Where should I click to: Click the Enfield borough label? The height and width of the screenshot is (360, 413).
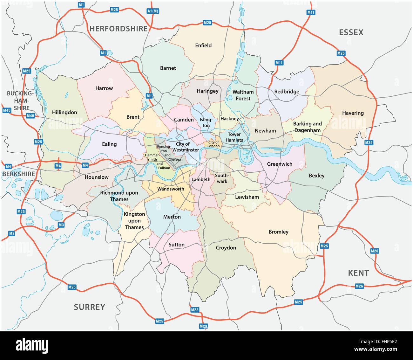pos(203,45)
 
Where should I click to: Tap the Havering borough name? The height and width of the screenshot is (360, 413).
pos(353,113)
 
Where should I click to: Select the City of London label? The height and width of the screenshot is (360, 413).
pos(214,144)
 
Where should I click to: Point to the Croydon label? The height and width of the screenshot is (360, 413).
pos(226,248)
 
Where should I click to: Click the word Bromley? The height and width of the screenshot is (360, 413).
pos(279,232)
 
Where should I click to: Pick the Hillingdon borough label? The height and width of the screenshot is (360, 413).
pos(64,112)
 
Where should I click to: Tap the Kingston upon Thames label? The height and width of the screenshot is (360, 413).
pos(134,221)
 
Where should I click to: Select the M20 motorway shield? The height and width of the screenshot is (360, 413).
pos(375,251)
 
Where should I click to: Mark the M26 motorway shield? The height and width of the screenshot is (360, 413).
pos(359,286)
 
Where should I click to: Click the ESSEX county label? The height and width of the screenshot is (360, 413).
pos(351,32)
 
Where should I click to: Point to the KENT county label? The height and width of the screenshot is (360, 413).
pos(358,273)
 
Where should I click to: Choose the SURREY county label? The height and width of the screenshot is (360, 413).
pos(90,307)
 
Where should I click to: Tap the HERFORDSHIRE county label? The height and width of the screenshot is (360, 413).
pos(118,29)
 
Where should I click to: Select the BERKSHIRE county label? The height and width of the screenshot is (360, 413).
pos(18,174)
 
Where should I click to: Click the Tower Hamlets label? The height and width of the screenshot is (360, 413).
pos(234,137)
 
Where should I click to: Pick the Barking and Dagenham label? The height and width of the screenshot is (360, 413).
pos(307,127)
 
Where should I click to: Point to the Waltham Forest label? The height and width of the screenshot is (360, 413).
pos(243,95)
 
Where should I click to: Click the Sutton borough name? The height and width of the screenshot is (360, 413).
pos(176,245)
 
